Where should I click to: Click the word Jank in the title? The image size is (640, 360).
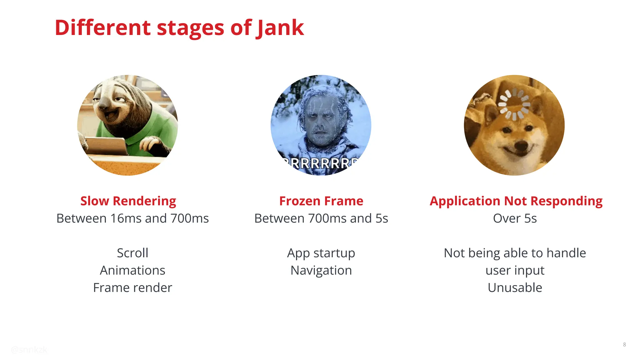(x=280, y=28)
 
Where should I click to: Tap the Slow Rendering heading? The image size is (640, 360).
(x=128, y=201)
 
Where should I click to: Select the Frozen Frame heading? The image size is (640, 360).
(x=321, y=201)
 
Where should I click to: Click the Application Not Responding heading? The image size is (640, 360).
(x=516, y=201)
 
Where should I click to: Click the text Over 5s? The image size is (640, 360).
(x=515, y=218)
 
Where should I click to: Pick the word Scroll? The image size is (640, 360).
(x=132, y=253)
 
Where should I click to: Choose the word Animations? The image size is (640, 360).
(x=132, y=270)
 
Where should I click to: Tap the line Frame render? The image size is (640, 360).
(x=132, y=288)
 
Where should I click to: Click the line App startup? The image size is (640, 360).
(x=321, y=253)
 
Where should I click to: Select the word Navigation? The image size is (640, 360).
(x=321, y=270)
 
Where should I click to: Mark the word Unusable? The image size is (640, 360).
(x=515, y=288)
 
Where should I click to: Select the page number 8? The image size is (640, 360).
(x=624, y=345)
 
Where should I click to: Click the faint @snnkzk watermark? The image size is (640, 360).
(x=29, y=350)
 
